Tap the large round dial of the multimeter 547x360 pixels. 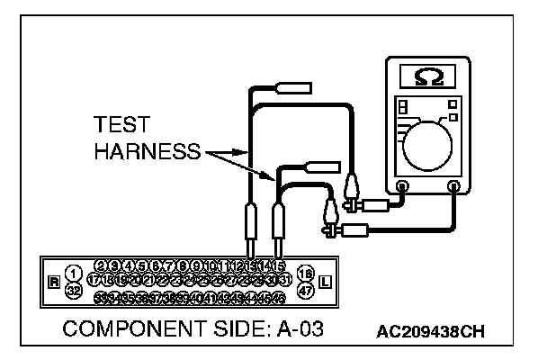(428, 143)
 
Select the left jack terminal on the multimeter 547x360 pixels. (402, 187)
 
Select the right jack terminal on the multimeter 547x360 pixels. (454, 187)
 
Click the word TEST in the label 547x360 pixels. (122, 126)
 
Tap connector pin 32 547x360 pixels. (74, 290)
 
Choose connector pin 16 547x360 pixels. (304, 273)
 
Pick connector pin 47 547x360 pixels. (304, 290)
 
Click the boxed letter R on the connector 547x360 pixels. (54, 282)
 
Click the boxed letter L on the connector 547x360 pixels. (325, 282)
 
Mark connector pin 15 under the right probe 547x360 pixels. (279, 265)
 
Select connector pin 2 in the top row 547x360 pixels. (101, 265)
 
